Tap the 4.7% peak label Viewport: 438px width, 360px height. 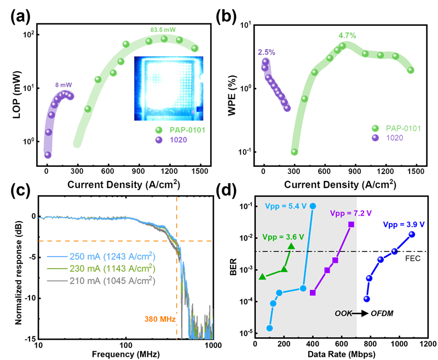(x=348, y=36)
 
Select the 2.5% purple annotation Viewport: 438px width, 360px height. (x=266, y=52)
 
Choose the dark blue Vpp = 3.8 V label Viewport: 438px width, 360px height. (x=404, y=224)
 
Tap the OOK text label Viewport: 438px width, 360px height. (x=343, y=313)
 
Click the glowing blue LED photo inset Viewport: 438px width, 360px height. (x=169, y=88)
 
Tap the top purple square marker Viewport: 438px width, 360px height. (x=351, y=225)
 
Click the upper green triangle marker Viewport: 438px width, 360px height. (x=291, y=247)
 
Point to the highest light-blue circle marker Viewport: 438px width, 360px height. (x=313, y=206)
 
